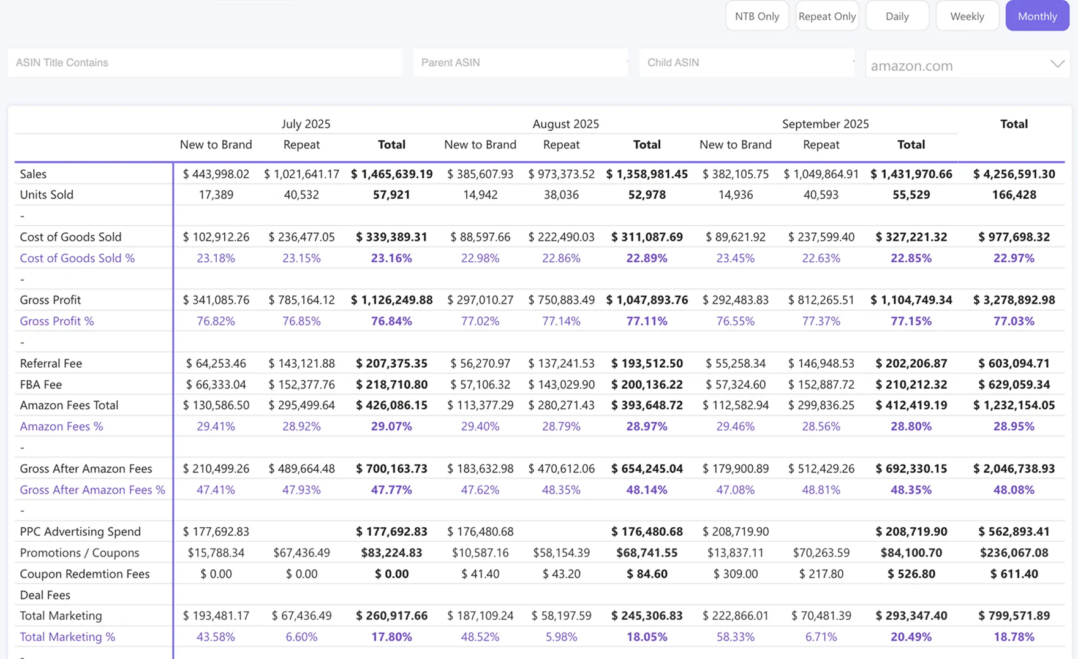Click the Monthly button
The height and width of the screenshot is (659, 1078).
(1037, 16)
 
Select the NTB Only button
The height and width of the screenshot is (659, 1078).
(757, 16)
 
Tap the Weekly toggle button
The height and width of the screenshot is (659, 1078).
(967, 16)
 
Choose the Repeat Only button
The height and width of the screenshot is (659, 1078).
(827, 16)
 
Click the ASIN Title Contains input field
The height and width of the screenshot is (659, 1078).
(205, 63)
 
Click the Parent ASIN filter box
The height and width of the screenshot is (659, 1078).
(521, 63)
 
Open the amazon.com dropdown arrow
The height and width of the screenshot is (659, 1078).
(1057, 64)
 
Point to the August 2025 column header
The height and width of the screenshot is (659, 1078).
(565, 124)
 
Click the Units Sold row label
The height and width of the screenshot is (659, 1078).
(47, 195)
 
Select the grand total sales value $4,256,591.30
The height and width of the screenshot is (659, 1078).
(1014, 174)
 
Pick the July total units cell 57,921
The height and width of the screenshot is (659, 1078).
(391, 195)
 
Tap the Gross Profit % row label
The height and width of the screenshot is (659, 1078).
(57, 321)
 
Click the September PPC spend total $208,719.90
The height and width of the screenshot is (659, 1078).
(911, 531)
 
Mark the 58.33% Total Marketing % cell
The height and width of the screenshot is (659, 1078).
(736, 637)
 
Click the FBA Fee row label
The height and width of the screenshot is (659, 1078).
(41, 384)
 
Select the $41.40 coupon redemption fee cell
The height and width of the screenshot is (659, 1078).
(480, 574)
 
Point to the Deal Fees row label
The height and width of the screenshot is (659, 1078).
(45, 595)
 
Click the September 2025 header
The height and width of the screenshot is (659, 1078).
(825, 124)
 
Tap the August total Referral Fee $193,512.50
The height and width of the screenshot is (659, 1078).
(647, 364)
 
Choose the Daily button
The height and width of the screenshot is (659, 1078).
(897, 16)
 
